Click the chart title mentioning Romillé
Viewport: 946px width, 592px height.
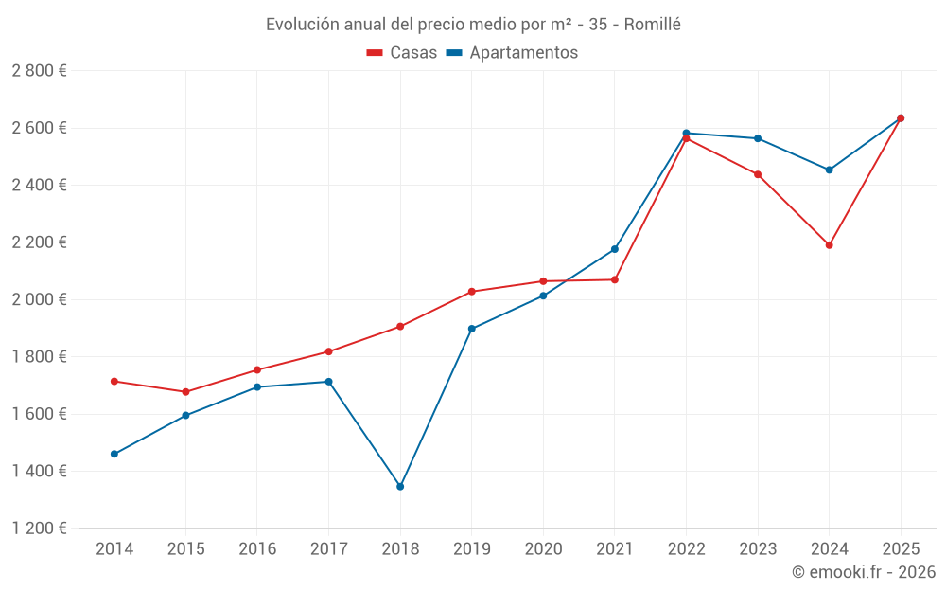[473, 25]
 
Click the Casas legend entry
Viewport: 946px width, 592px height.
[402, 53]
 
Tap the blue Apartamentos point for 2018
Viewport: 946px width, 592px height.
[400, 487]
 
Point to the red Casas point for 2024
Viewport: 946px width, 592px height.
[830, 245]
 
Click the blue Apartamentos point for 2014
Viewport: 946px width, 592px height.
[114, 454]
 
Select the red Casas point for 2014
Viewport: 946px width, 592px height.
[114, 381]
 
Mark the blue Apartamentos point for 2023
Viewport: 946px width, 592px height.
[758, 138]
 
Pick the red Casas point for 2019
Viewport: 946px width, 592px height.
[472, 292]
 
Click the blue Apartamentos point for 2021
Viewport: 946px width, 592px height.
[615, 249]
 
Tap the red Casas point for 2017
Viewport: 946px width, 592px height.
[329, 351]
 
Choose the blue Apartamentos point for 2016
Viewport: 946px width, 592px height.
[257, 387]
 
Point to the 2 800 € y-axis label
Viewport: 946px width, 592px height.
[39, 71]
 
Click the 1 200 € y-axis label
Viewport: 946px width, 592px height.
[39, 529]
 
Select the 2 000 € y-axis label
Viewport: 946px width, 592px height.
[39, 299]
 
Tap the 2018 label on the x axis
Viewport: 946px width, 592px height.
[400, 549]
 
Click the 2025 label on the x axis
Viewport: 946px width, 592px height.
[901, 549]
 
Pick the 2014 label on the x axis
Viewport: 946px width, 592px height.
[114, 549]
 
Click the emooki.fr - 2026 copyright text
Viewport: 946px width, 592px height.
[864, 572]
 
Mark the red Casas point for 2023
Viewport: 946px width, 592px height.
[758, 174]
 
